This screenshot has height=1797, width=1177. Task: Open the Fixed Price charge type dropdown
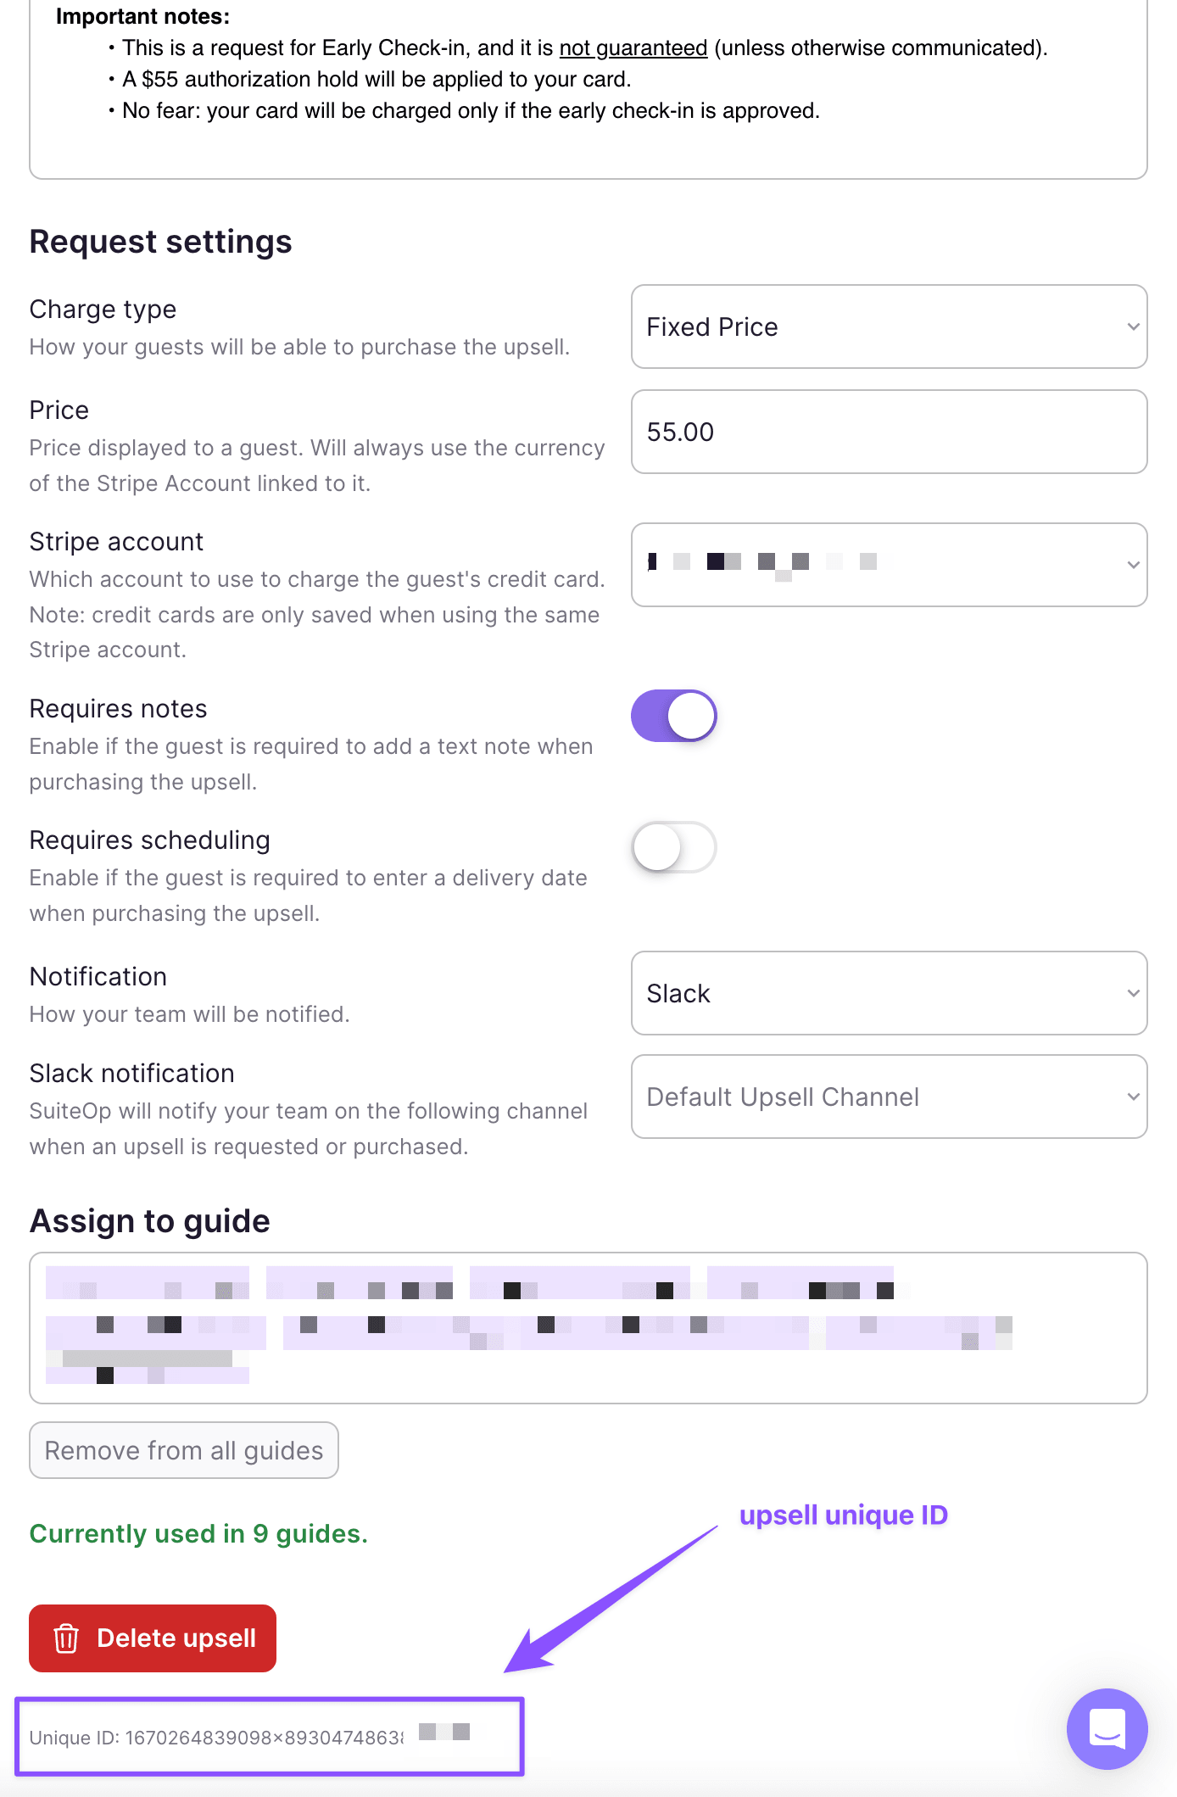click(x=888, y=326)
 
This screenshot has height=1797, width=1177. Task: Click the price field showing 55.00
click(x=888, y=432)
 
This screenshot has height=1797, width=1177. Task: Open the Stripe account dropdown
click(x=888, y=564)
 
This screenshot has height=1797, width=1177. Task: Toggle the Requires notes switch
click(x=674, y=716)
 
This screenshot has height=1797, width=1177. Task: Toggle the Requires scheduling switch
click(x=674, y=847)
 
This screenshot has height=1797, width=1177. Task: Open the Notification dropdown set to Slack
click(x=888, y=993)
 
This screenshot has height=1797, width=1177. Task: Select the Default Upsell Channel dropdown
click(x=888, y=1097)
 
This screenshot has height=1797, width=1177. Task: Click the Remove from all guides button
click(x=184, y=1450)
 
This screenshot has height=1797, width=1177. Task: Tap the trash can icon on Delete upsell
click(x=66, y=1638)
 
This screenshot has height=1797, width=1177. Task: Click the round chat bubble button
click(x=1107, y=1728)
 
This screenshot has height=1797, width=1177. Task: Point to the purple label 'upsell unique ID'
click(x=843, y=1515)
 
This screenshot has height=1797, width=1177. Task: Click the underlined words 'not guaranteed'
click(x=633, y=48)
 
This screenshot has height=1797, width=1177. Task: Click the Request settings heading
click(x=160, y=242)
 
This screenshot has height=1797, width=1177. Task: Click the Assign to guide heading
click(x=149, y=1221)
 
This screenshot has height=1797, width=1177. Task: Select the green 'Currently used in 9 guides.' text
click(x=198, y=1533)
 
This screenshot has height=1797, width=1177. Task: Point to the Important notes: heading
click(x=142, y=16)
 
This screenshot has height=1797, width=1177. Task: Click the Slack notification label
click(x=131, y=1073)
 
